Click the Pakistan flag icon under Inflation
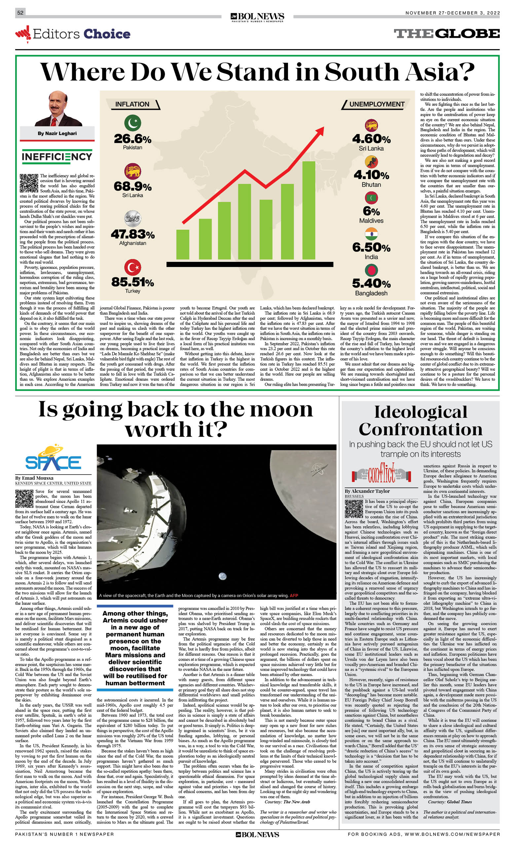click(x=132, y=123)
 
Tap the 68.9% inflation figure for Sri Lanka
click(x=132, y=187)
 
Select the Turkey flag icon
click(x=132, y=267)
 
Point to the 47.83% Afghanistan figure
click(x=132, y=234)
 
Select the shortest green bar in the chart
click(x=183, y=244)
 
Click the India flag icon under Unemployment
click(x=371, y=233)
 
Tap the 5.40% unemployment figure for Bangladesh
click(x=371, y=284)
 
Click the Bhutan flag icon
click(x=371, y=162)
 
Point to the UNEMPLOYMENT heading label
click(x=377, y=104)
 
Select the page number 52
click(x=20, y=13)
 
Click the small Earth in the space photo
click(x=222, y=576)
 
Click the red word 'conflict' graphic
click(x=381, y=474)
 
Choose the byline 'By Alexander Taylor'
click(x=367, y=491)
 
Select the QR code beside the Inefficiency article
click(x=29, y=183)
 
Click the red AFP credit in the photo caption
click(x=294, y=595)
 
